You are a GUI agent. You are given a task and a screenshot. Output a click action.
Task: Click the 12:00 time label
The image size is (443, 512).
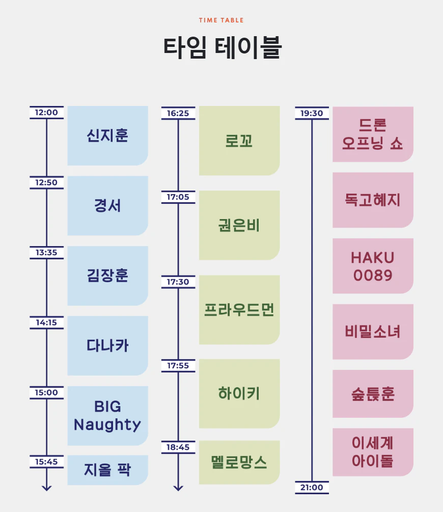(46, 113)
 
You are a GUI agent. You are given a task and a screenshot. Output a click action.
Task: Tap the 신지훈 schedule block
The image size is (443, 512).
(107, 136)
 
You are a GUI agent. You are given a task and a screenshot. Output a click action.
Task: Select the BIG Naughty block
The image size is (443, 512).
(107, 416)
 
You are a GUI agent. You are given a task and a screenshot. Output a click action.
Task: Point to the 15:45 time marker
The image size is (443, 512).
(46, 462)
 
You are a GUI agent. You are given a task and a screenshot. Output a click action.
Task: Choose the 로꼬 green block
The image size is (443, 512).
(239, 141)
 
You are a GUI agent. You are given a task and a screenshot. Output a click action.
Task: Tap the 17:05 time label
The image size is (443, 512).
(178, 197)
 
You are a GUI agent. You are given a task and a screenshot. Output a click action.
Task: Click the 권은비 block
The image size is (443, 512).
(239, 225)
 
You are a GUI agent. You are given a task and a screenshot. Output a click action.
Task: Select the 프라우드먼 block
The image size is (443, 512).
(239, 310)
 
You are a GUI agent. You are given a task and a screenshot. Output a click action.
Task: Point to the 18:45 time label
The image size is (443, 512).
(178, 447)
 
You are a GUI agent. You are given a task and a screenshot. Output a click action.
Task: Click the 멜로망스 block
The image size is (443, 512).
(239, 462)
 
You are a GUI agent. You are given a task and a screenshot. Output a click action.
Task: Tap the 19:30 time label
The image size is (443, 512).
(312, 113)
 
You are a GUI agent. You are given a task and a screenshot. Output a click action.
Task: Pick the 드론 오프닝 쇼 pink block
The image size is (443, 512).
(373, 134)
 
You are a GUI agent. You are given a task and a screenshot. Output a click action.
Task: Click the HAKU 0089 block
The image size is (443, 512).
(373, 266)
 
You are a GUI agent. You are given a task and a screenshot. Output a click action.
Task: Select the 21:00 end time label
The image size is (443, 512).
(312, 488)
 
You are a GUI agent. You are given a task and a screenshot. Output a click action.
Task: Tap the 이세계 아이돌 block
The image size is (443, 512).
(373, 452)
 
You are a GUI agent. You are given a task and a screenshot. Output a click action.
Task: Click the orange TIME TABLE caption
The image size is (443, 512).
(222, 20)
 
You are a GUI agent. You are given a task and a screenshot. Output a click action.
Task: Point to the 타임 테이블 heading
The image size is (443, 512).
(222, 47)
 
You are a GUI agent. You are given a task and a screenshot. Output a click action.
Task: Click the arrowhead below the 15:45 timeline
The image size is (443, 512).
(46, 488)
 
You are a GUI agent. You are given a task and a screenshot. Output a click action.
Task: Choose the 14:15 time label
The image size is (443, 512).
(46, 322)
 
